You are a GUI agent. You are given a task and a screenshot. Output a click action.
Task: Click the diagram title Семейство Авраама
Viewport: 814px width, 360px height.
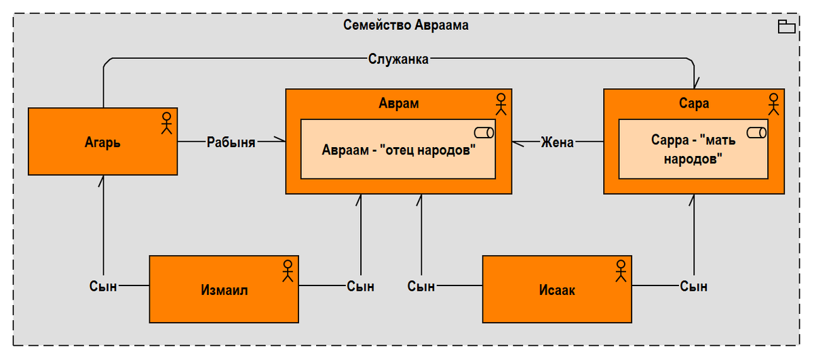(x=406, y=26)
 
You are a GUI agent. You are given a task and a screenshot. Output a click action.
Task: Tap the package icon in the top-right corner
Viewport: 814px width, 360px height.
(x=786, y=27)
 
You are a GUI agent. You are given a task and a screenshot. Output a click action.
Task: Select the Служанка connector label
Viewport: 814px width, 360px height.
(x=398, y=59)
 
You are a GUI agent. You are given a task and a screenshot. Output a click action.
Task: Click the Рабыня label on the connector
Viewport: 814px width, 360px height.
(x=231, y=142)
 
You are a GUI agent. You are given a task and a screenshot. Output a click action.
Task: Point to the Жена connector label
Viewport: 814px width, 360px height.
(x=557, y=142)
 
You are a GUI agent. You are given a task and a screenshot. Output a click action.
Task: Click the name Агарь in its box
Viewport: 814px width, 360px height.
(x=102, y=142)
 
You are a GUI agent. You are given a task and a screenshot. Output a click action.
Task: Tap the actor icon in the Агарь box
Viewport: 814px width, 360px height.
(x=166, y=123)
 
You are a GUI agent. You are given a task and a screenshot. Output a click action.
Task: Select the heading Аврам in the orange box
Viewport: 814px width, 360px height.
(x=398, y=104)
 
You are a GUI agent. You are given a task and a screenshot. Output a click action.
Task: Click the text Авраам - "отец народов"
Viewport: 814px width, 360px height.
(x=398, y=150)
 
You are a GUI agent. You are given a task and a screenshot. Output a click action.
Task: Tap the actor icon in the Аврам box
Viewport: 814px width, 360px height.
(x=501, y=104)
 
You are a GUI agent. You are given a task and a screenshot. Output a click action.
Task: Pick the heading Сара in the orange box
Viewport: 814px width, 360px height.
(x=693, y=104)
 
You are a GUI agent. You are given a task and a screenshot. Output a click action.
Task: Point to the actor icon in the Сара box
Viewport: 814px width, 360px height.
(x=773, y=104)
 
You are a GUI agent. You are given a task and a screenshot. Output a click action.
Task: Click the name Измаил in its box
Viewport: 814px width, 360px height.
(x=225, y=291)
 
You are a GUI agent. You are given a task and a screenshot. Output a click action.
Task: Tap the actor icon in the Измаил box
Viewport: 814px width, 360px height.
(x=288, y=270)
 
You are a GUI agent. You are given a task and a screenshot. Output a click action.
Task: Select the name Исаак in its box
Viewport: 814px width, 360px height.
(x=557, y=291)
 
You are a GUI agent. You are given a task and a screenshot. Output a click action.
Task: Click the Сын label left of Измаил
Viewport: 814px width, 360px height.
(x=103, y=286)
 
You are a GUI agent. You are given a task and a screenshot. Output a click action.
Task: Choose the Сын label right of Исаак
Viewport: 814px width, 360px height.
(x=693, y=286)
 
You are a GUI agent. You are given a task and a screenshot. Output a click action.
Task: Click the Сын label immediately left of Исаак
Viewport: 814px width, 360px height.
(x=421, y=286)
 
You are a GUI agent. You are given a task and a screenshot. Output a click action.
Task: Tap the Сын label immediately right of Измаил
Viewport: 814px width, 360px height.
(x=360, y=286)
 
